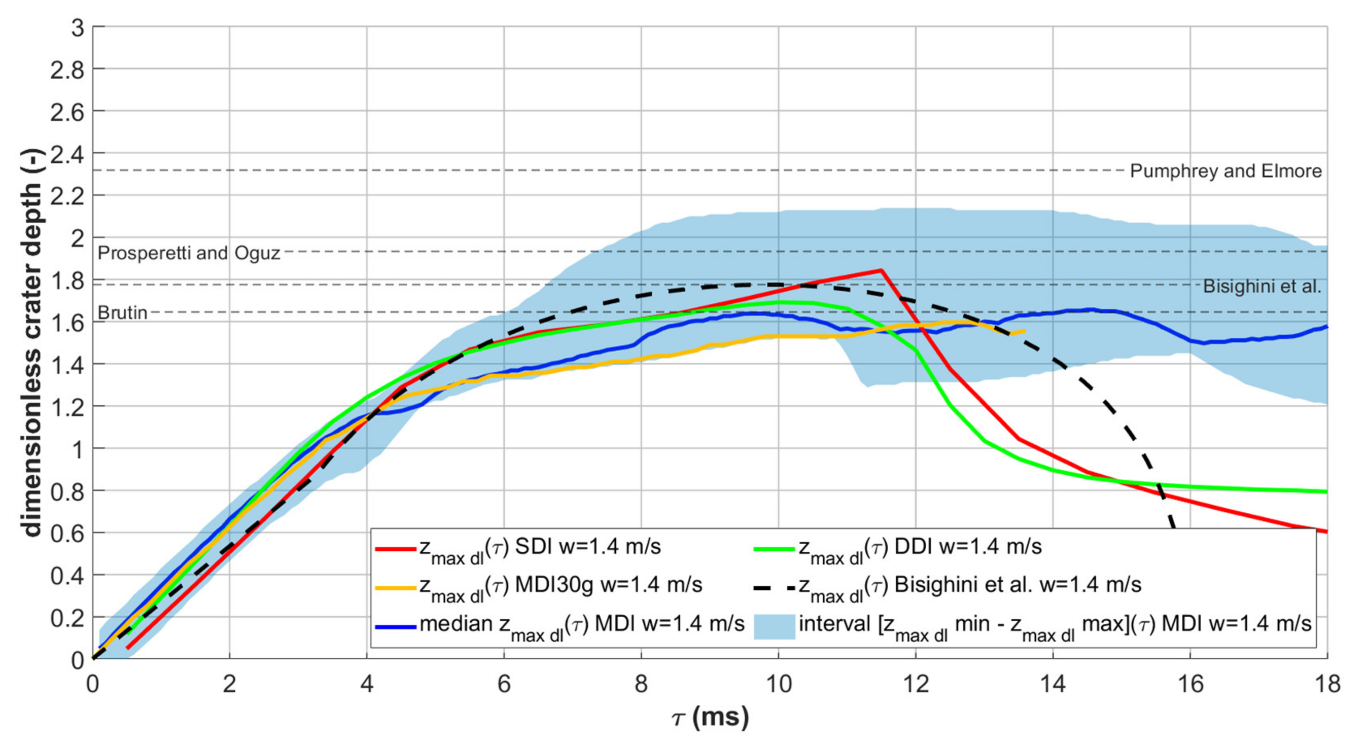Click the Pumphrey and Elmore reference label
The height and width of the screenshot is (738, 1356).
[1225, 171]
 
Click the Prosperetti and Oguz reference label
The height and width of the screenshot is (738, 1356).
[189, 253]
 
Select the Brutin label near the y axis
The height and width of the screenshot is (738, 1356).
[122, 313]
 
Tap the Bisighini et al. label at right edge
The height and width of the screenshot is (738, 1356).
[1262, 287]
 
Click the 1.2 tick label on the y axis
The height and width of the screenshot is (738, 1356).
[67, 407]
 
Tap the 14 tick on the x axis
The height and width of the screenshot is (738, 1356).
[1053, 685]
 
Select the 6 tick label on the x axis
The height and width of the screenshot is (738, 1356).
[504, 685]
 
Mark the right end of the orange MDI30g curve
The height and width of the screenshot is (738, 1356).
[1024, 331]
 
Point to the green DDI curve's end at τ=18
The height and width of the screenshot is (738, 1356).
[1326, 492]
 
